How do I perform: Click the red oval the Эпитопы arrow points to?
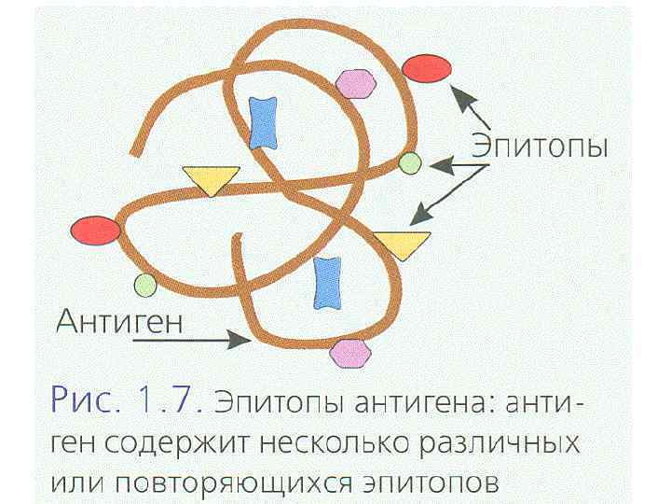pyautogui.click(x=428, y=68)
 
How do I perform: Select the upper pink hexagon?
pyautogui.click(x=355, y=85)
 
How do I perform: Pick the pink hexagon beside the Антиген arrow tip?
pyautogui.click(x=348, y=354)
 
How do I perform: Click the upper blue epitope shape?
pyautogui.click(x=264, y=123)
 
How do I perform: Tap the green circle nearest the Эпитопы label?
pyautogui.click(x=410, y=164)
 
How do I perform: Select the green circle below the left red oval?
pyautogui.click(x=145, y=285)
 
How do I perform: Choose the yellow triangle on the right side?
pyautogui.click(x=402, y=244)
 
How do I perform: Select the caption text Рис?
pyautogui.click(x=82, y=402)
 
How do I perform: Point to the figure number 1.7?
pyautogui.click(x=170, y=402)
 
